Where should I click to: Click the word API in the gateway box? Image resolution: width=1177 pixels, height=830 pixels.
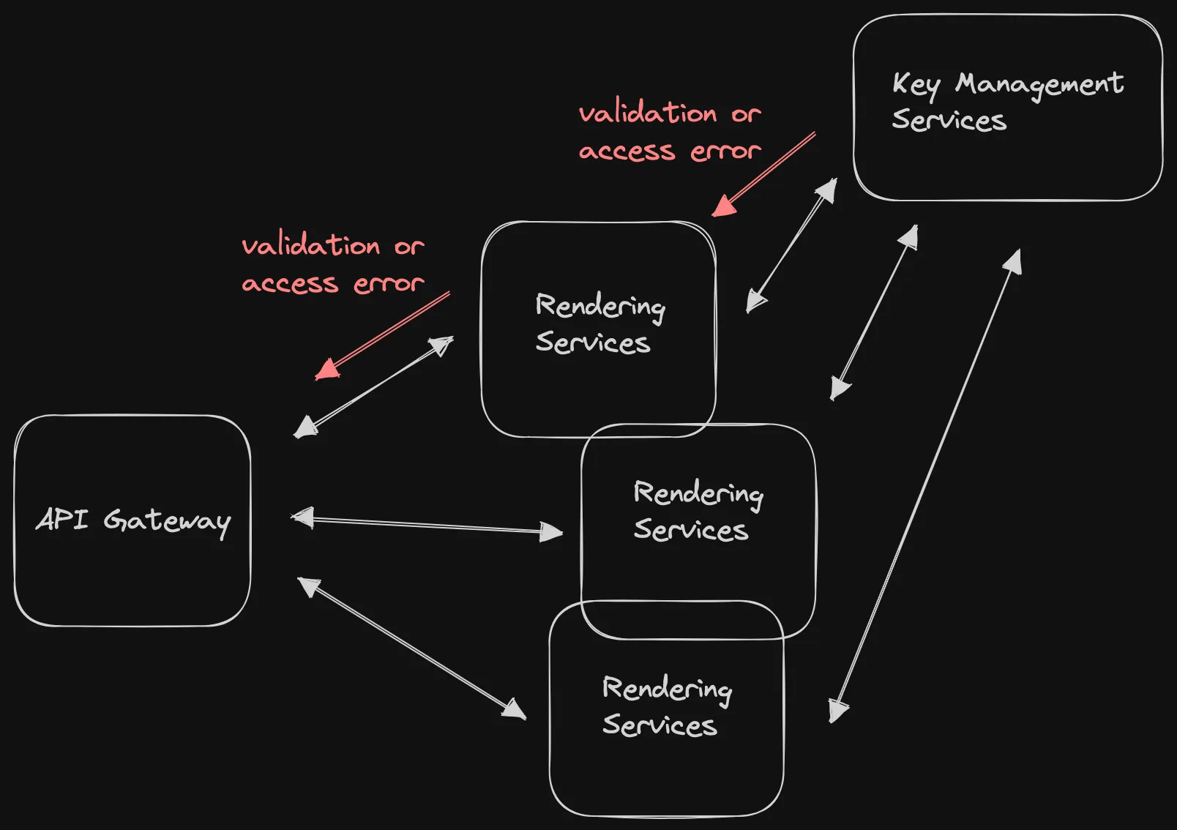click(x=61, y=519)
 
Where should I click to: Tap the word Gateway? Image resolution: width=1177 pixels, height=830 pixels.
click(x=167, y=521)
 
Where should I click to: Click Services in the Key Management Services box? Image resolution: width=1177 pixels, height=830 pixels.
click(x=949, y=120)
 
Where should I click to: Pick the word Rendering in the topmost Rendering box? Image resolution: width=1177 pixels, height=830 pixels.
click(x=600, y=306)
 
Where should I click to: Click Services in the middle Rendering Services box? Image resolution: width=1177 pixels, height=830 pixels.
click(x=690, y=530)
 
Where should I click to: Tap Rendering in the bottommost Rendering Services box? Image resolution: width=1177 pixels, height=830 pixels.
click(x=667, y=689)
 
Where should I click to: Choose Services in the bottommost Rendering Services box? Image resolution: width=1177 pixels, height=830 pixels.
click(x=660, y=725)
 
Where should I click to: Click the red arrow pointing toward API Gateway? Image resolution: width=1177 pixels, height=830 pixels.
click(x=382, y=336)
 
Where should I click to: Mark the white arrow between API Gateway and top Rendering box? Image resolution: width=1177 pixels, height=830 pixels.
click(x=373, y=387)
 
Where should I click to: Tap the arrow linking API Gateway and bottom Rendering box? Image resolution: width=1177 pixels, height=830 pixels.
click(x=412, y=648)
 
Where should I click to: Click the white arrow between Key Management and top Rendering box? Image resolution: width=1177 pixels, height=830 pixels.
click(x=791, y=245)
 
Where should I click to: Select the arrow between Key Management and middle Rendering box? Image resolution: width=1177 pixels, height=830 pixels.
click(x=874, y=313)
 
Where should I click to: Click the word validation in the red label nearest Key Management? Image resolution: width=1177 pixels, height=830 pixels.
click(x=648, y=114)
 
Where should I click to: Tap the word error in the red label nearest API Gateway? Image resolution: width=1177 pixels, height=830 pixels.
click(x=389, y=283)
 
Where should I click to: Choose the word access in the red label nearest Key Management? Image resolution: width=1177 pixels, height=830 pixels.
click(x=627, y=152)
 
